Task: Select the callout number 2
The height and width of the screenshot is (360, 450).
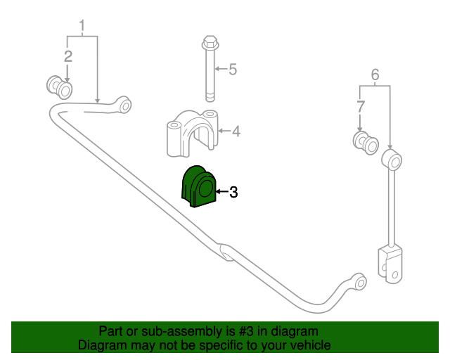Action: pos(68,56)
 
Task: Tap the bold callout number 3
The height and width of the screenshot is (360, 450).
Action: pos(233,192)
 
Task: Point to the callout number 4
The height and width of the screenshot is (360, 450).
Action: pos(236,131)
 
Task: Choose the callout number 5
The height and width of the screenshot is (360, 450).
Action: pos(233,69)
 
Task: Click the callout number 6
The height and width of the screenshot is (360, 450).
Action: pos(375,75)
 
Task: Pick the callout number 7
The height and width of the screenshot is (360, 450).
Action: pos(361,106)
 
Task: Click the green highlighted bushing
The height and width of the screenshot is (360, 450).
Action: pos(198,186)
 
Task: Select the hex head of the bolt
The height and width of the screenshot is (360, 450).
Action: pos(211,43)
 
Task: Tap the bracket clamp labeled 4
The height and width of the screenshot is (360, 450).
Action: pos(192,133)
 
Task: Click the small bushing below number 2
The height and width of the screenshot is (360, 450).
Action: pos(59,87)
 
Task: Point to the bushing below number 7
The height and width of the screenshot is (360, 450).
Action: pos(366,143)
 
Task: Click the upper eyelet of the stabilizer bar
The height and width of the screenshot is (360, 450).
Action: pos(124,105)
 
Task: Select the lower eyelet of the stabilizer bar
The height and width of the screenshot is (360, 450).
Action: pos(360,282)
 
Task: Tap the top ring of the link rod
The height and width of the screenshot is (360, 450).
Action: pos(392,160)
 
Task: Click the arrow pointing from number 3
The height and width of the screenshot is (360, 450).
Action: pos(222,191)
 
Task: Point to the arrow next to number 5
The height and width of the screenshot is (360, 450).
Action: pos(221,69)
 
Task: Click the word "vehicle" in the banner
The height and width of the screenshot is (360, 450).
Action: pos(313,345)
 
